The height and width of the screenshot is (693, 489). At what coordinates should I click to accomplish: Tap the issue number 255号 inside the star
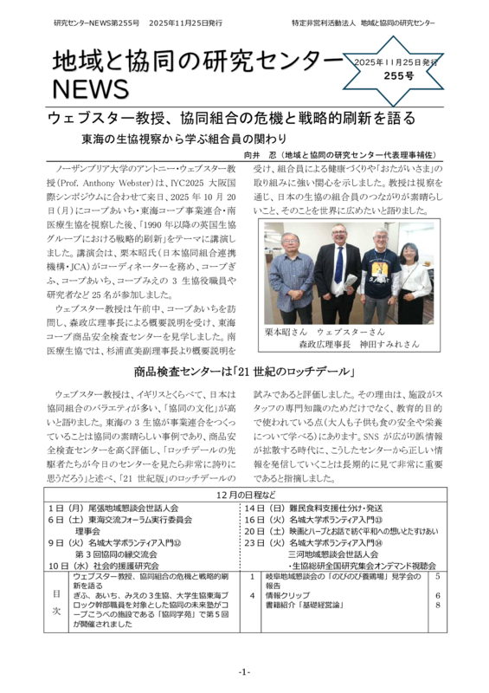coord(397,76)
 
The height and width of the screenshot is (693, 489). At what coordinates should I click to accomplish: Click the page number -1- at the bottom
coord(244,671)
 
